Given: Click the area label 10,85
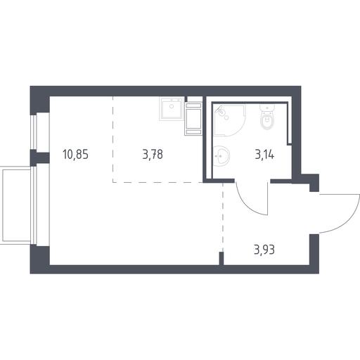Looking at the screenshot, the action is tap(75, 155).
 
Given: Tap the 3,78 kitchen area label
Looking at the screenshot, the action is tap(153, 155).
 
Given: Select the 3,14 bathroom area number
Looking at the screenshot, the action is tap(264, 155).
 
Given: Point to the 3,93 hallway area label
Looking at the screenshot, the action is tap(264, 250).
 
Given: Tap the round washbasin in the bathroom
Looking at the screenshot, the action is tap(221, 155).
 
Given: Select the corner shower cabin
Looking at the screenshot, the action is tap(229, 120).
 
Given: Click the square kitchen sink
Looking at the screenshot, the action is tap(172, 108).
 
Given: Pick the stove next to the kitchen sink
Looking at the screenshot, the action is tap(193, 119).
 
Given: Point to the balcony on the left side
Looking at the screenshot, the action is tap(16, 205).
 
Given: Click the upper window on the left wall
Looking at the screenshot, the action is tap(34, 132).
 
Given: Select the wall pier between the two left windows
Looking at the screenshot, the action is tap(39, 157).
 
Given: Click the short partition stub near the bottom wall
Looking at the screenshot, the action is tap(221, 258).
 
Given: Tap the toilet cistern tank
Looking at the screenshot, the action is tap(267, 108).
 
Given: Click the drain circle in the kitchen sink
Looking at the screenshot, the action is tap(172, 106).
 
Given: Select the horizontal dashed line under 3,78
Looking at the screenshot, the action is tap(157, 182).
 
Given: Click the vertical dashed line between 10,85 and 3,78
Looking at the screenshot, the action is tap(112, 139).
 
